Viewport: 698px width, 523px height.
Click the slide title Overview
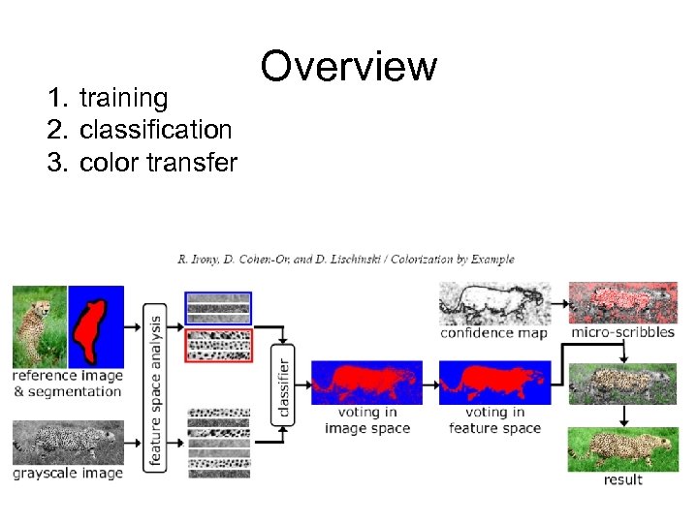pyautogui.click(x=349, y=67)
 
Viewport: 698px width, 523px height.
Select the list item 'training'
pyautogui.click(x=123, y=98)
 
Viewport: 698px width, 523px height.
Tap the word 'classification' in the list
pyautogui.click(x=155, y=130)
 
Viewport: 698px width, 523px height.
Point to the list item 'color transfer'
pyautogui.click(x=158, y=162)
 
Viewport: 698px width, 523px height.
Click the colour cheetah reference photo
pyautogui.click(x=39, y=325)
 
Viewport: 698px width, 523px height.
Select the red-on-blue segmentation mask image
pyautogui.click(x=96, y=325)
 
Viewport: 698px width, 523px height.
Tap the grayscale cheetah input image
pyautogui.click(x=68, y=443)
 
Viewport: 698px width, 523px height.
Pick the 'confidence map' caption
pyautogui.click(x=493, y=333)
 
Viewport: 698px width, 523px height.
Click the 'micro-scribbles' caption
pyautogui.click(x=622, y=333)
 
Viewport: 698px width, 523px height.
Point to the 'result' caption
pyautogui.click(x=622, y=479)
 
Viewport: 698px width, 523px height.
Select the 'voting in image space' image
pyautogui.click(x=366, y=384)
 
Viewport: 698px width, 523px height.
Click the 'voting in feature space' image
pyautogui.click(x=494, y=384)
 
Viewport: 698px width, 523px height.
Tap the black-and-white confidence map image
pyautogui.click(x=494, y=304)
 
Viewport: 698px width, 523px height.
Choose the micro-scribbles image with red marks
pyautogui.click(x=622, y=302)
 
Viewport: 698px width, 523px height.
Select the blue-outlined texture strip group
pyautogui.click(x=217, y=308)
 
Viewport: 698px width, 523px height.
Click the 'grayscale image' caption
pyautogui.click(x=68, y=474)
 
